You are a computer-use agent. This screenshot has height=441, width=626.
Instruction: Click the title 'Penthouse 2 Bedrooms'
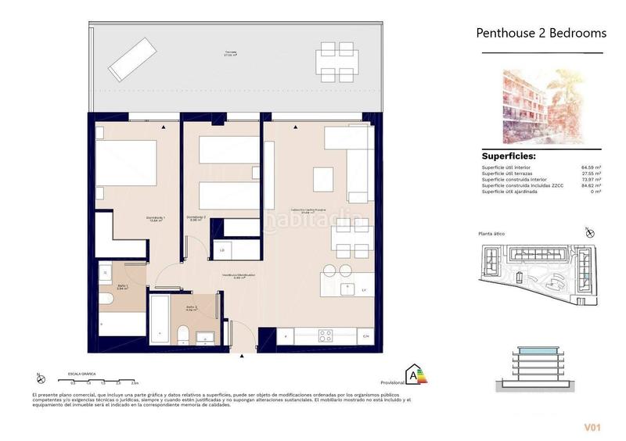pos(541,33)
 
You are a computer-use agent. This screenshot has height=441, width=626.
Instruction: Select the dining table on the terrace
pos(336,59)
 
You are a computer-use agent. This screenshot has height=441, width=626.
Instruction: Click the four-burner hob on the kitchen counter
pos(325,336)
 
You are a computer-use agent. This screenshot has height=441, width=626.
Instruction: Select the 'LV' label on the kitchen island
pos(365,290)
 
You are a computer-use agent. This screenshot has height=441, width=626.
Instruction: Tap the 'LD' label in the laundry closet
pos(222,250)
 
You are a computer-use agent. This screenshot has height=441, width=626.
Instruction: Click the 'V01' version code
pos(592,427)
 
